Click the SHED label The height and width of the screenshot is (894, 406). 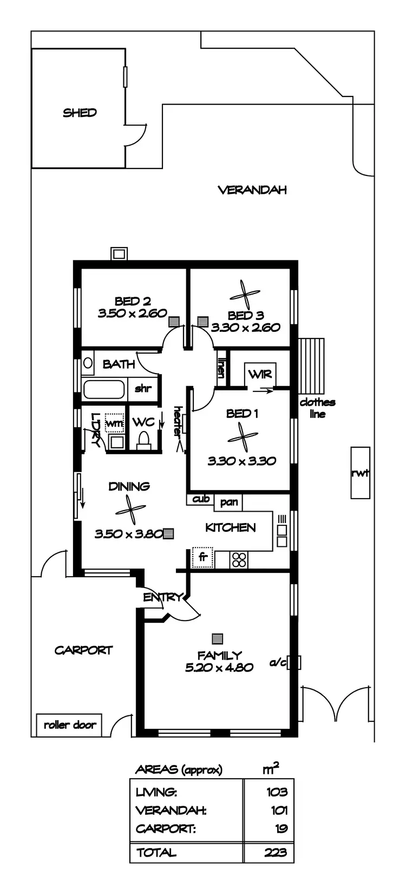pyautogui.click(x=80, y=113)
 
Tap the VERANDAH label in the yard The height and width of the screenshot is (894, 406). pyautogui.click(x=252, y=190)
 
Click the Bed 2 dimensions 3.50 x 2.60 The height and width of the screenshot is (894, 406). pyautogui.click(x=132, y=314)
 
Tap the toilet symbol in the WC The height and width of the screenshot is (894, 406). pyautogui.click(x=144, y=440)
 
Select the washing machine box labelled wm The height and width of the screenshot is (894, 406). pyautogui.click(x=114, y=423)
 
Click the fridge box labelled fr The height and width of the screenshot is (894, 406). pyautogui.click(x=204, y=557)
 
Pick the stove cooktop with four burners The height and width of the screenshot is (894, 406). pyautogui.click(x=238, y=559)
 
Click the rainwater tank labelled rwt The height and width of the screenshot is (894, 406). pyautogui.click(x=360, y=473)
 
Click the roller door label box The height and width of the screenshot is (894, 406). pyautogui.click(x=70, y=725)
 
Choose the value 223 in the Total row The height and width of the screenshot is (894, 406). pyautogui.click(x=276, y=852)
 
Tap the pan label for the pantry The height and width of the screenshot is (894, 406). pyautogui.click(x=229, y=502)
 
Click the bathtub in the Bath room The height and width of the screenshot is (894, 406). pyautogui.click(x=104, y=389)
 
